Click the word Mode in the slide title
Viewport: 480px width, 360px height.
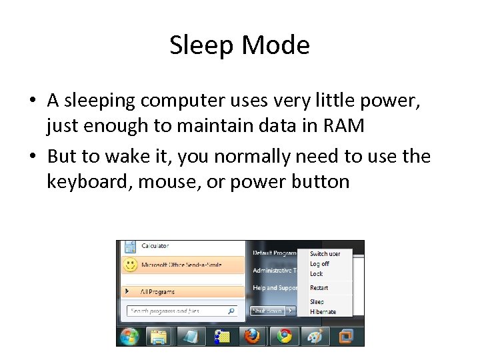coord(276,45)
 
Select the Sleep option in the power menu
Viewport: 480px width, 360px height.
coord(317,302)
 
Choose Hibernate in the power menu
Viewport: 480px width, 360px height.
coord(323,311)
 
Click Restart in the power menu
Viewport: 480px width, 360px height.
coord(319,287)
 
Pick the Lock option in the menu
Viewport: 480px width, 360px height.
coord(316,273)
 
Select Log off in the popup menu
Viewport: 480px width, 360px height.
coord(319,264)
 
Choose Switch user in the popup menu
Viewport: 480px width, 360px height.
coord(325,254)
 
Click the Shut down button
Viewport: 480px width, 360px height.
coord(266,311)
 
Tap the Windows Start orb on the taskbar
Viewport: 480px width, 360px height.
coord(129,336)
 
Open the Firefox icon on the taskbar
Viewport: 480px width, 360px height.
coord(252,336)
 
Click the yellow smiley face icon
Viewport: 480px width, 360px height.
coord(131,265)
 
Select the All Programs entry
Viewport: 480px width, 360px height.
coord(157,291)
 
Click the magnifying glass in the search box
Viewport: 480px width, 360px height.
coord(231,311)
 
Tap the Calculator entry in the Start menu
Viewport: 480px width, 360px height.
coord(155,246)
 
